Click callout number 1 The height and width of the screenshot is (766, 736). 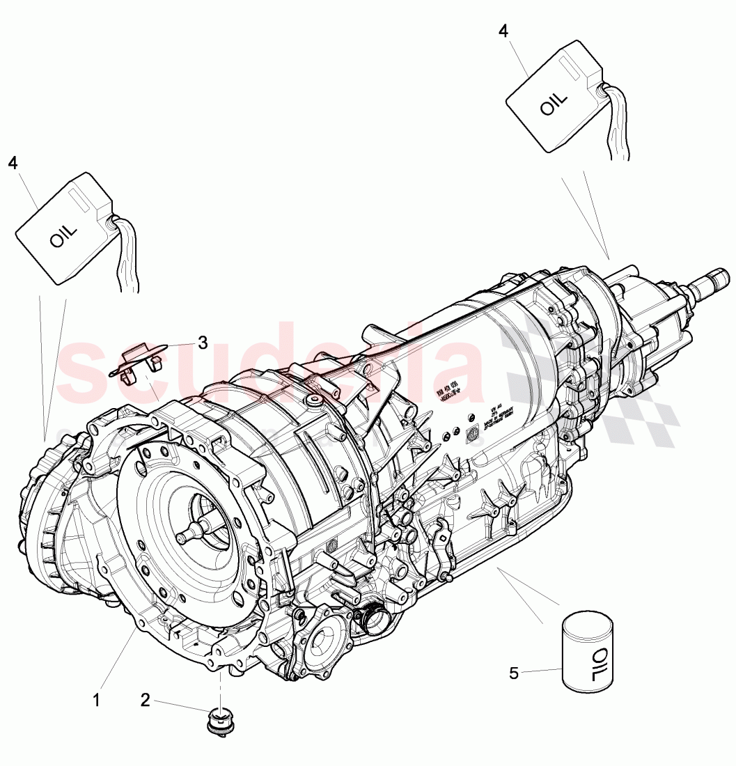pos(96,700)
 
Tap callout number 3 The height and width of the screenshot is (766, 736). pos(203,342)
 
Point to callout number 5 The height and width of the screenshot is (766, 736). pos(514,673)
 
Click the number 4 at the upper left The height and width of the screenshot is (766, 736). pos(13,162)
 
